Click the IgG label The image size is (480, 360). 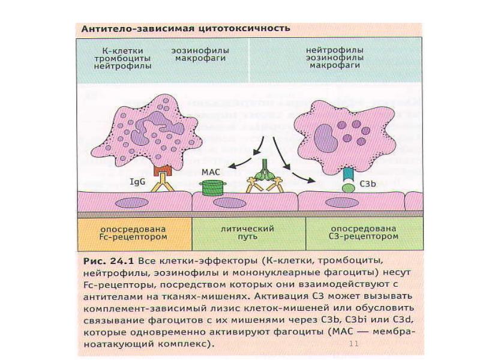click(x=138, y=182)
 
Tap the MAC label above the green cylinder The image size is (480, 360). click(x=211, y=172)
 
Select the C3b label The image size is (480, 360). click(x=367, y=184)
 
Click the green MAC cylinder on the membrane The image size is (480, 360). click(x=213, y=188)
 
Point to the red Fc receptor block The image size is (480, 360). click(x=163, y=170)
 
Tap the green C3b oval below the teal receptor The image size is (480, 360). click(x=348, y=188)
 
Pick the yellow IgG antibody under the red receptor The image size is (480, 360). click(x=162, y=182)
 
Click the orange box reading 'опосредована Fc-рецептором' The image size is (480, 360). click(x=134, y=234)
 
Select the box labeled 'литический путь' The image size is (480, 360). click(x=248, y=234)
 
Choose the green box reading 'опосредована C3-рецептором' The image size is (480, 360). click(x=364, y=234)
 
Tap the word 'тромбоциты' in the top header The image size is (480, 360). click(x=122, y=58)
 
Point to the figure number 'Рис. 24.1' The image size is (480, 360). click(x=109, y=261)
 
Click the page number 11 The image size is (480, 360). click(x=353, y=343)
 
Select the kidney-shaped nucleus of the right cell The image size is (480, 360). click(x=326, y=139)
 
